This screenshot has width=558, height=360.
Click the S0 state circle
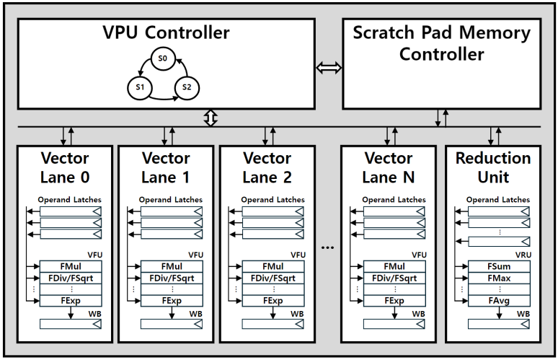click(x=164, y=58)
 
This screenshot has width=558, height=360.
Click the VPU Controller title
click(x=166, y=32)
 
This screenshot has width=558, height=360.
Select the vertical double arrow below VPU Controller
click(x=211, y=118)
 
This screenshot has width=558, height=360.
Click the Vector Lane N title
click(x=389, y=167)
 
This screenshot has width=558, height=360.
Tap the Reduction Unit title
click(x=493, y=167)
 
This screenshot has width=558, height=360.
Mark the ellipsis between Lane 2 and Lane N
click(x=328, y=247)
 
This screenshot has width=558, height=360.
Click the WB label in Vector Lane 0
click(x=94, y=315)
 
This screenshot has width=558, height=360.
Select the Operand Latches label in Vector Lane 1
click(x=171, y=200)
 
